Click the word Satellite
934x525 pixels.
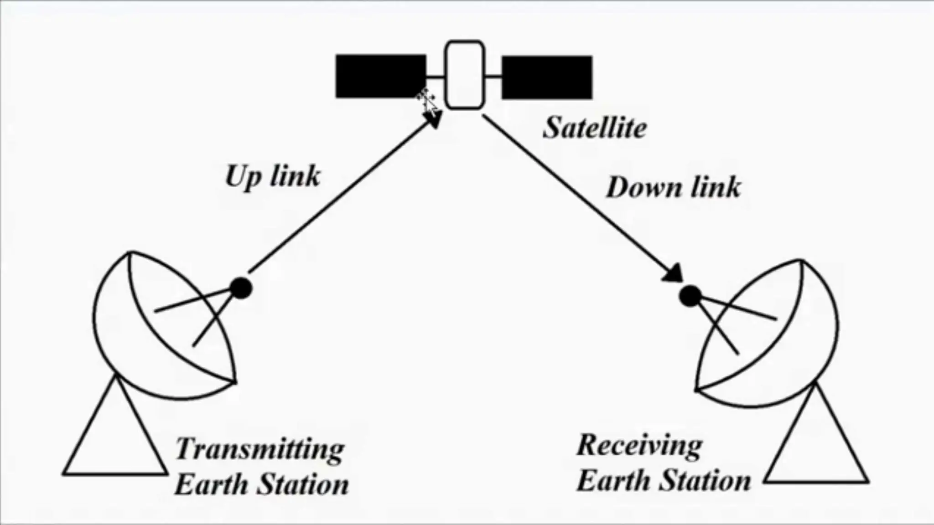point(595,127)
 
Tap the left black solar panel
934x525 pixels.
point(381,76)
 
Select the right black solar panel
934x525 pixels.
point(547,77)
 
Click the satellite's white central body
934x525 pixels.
point(464,75)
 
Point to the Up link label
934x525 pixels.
point(273,176)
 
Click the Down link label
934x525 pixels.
point(673,187)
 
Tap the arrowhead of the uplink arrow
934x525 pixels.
point(434,119)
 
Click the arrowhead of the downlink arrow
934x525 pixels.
point(673,273)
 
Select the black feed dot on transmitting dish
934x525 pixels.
point(241,288)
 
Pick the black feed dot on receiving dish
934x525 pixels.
point(690,296)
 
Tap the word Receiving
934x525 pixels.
point(639,445)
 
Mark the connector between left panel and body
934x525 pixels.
point(436,77)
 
